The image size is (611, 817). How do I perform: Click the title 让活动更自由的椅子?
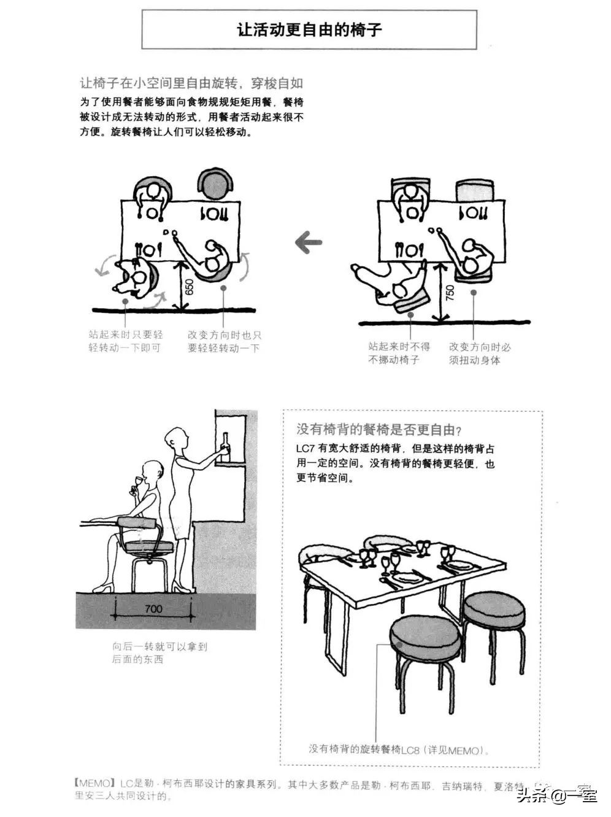click(x=309, y=29)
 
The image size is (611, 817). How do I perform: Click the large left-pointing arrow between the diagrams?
click(x=309, y=242)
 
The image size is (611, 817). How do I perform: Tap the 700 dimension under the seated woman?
click(x=153, y=609)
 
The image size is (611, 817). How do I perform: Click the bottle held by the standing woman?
click(x=226, y=446)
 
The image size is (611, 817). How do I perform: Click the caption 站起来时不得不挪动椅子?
click(x=399, y=353)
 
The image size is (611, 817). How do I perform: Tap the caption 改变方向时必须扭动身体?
click(x=479, y=353)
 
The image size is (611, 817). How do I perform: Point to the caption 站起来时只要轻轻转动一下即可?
click(x=125, y=341)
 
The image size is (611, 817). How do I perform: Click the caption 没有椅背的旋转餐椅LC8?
click(x=399, y=749)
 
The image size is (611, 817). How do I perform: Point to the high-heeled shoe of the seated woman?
click(x=104, y=587)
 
